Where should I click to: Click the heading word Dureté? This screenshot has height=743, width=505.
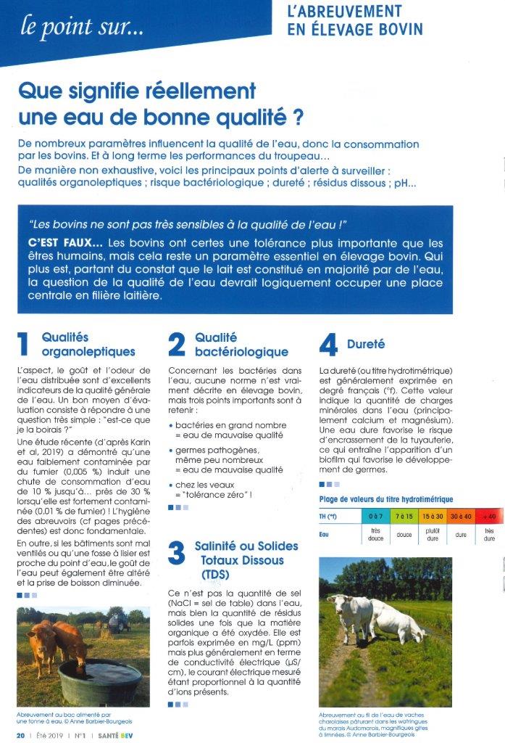366,345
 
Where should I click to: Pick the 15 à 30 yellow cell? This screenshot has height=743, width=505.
433,516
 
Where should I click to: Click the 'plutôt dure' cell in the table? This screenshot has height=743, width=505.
433,535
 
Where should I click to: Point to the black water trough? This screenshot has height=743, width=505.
99,681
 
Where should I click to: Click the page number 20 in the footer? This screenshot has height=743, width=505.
21,734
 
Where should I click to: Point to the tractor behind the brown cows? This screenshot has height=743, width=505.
117,621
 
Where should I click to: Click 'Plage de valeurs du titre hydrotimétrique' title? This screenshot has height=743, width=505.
386,499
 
